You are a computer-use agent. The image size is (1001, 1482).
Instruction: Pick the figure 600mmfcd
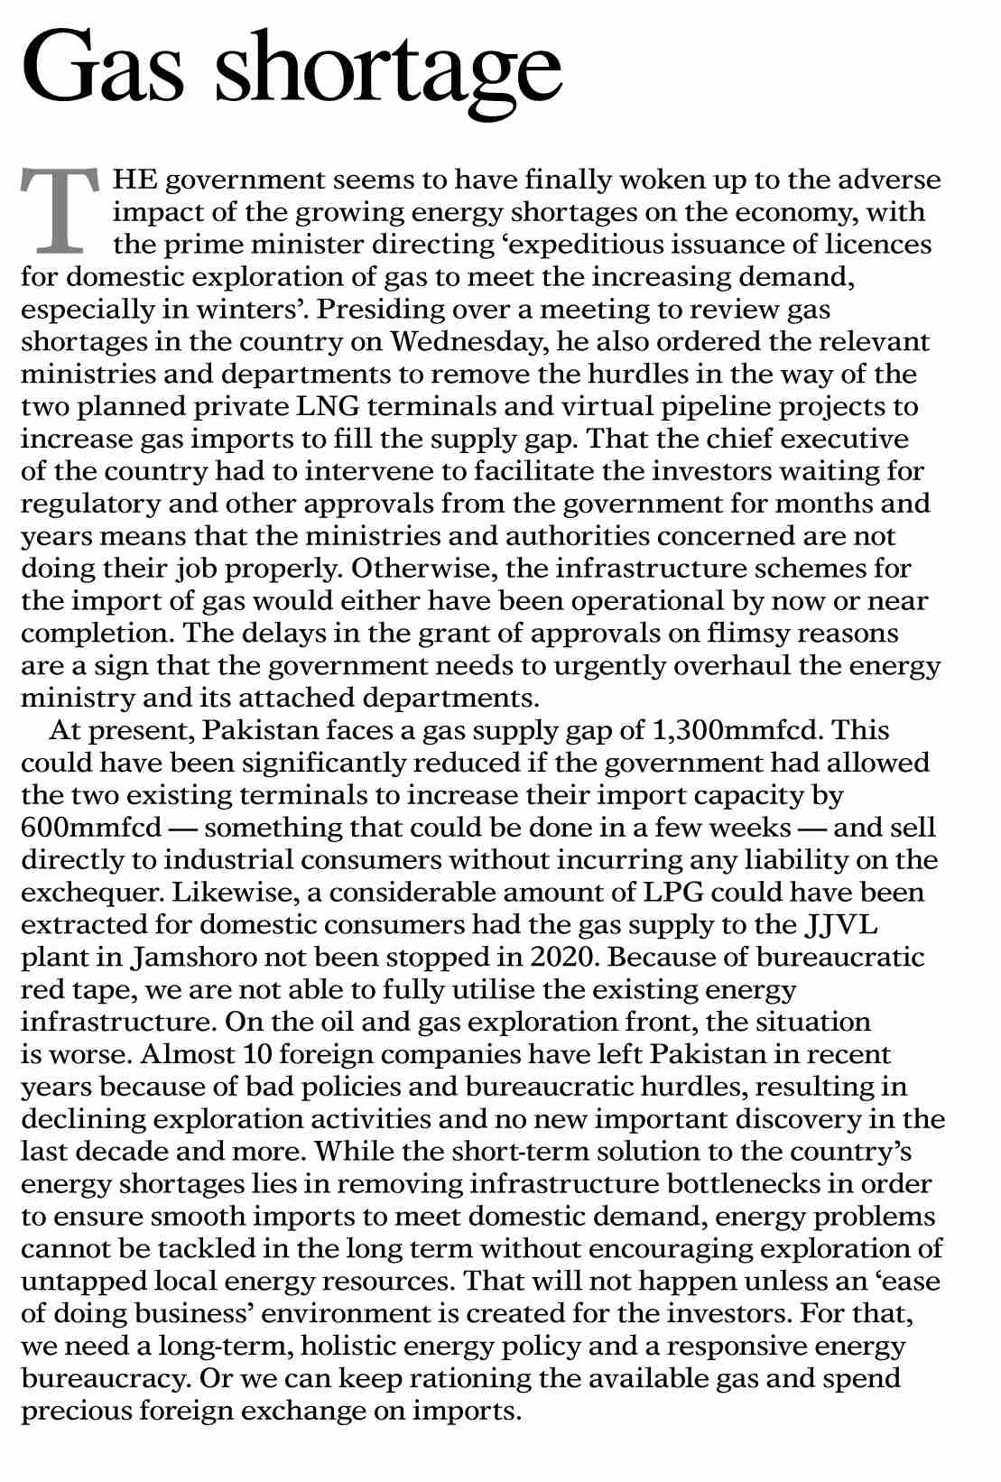[x=92, y=828]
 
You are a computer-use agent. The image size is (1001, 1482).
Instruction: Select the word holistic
[x=348, y=1347]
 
